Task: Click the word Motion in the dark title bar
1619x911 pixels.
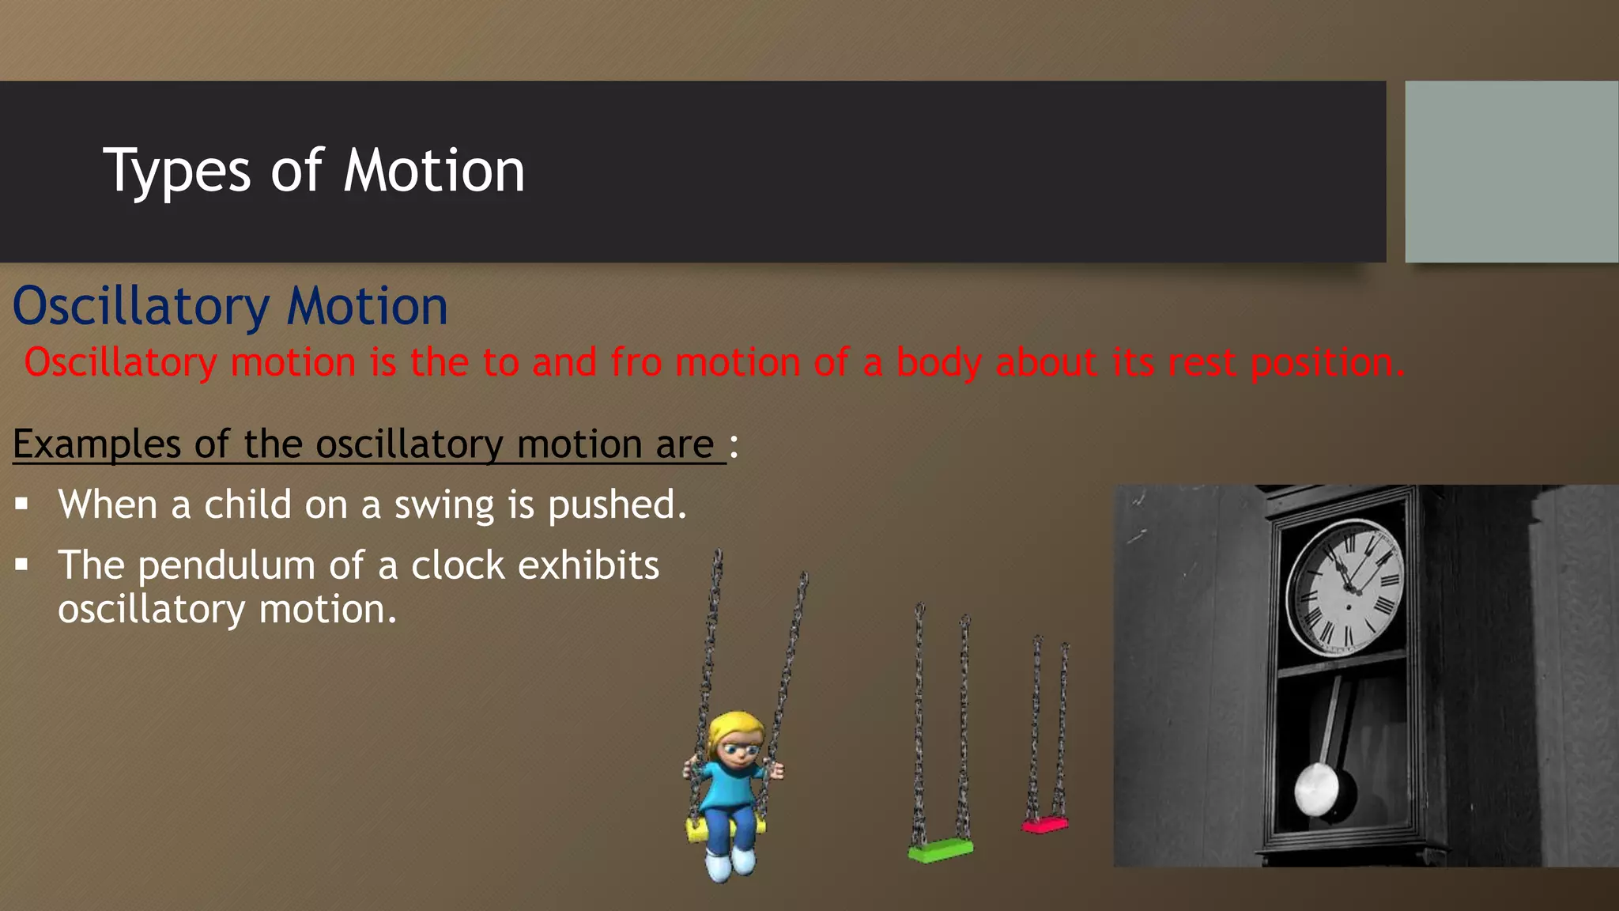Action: tap(434, 171)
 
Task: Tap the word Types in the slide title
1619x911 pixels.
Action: tap(177, 172)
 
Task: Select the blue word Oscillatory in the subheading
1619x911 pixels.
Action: tap(142, 307)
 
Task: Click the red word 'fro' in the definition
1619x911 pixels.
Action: tap(636, 363)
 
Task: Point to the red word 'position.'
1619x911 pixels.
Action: tap(1328, 364)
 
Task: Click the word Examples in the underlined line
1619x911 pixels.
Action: tap(96, 444)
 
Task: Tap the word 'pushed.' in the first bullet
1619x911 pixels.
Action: tap(617, 505)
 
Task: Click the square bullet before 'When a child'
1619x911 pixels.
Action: tap(21, 504)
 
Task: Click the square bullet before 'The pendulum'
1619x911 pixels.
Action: tap(21, 565)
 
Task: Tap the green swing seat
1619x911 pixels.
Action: tap(941, 851)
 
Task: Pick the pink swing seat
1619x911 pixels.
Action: tap(1044, 826)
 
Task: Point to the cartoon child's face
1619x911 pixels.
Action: tap(740, 747)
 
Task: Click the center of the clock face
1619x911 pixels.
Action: tap(1348, 587)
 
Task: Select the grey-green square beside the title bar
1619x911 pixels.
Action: tap(1511, 172)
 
